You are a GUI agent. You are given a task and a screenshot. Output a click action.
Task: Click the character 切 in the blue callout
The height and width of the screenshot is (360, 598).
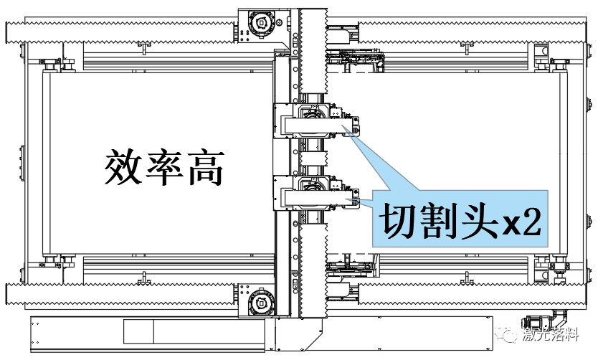(402, 223)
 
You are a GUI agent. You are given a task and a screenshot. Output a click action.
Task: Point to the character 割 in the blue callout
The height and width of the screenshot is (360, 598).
(440, 223)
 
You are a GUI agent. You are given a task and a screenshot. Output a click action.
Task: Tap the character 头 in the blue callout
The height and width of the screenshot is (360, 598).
(477, 223)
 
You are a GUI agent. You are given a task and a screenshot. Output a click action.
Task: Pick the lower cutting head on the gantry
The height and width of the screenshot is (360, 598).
(313, 192)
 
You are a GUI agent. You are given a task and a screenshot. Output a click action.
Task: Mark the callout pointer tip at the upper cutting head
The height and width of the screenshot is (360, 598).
(352, 134)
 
